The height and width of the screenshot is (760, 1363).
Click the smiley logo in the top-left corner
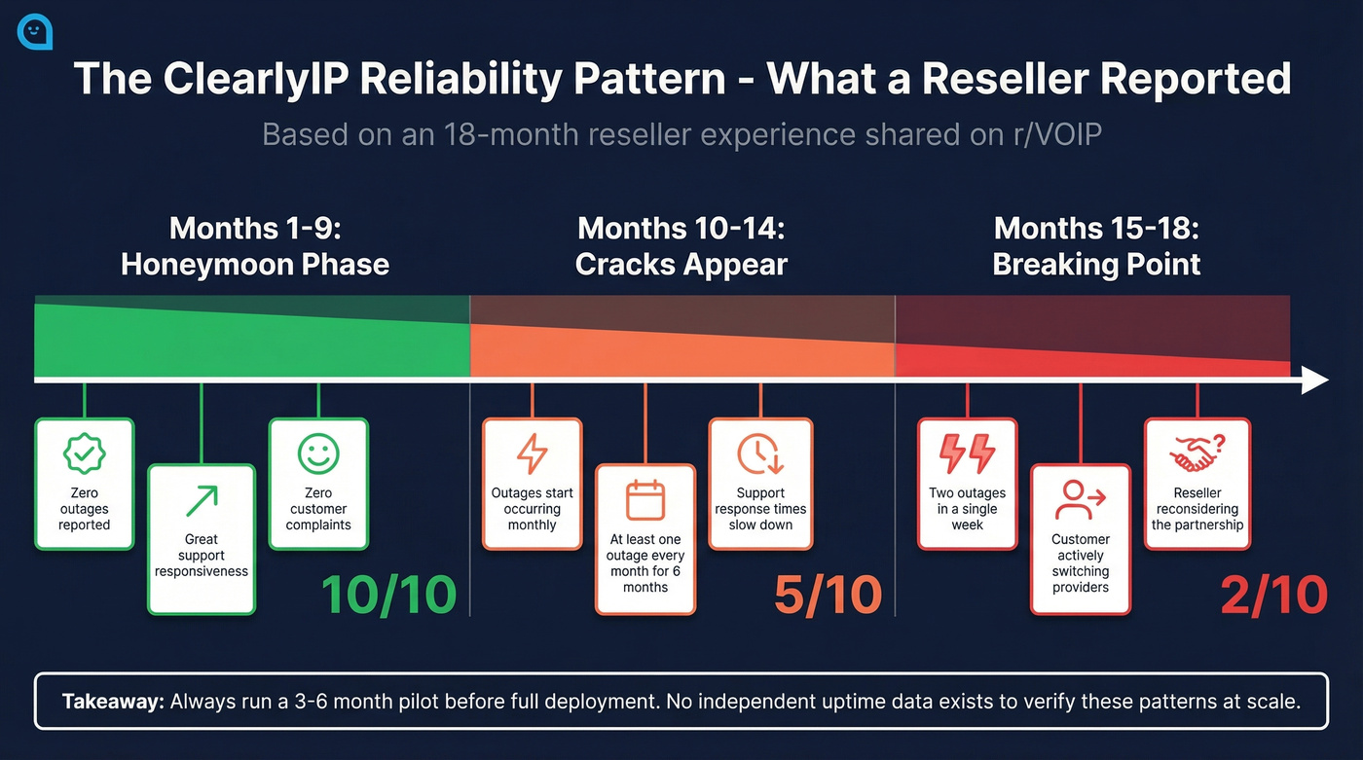[x=35, y=31]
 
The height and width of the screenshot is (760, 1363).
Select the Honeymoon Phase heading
[x=254, y=264]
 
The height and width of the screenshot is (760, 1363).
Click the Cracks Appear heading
[x=681, y=264]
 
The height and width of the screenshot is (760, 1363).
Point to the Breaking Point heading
[x=1096, y=264]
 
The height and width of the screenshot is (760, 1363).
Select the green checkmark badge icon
[x=84, y=453]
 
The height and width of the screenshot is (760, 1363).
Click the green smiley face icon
[x=318, y=453]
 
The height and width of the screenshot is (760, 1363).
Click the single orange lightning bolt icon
[x=532, y=453]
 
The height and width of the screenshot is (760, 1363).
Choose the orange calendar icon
[x=645, y=499]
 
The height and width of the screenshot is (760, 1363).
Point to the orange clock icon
[x=758, y=453]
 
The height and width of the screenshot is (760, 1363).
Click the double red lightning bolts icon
[x=967, y=453]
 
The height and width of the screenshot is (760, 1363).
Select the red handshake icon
[x=1197, y=453]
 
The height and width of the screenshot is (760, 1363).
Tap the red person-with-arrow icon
[x=1080, y=499]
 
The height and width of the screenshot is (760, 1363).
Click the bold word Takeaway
[x=113, y=702]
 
